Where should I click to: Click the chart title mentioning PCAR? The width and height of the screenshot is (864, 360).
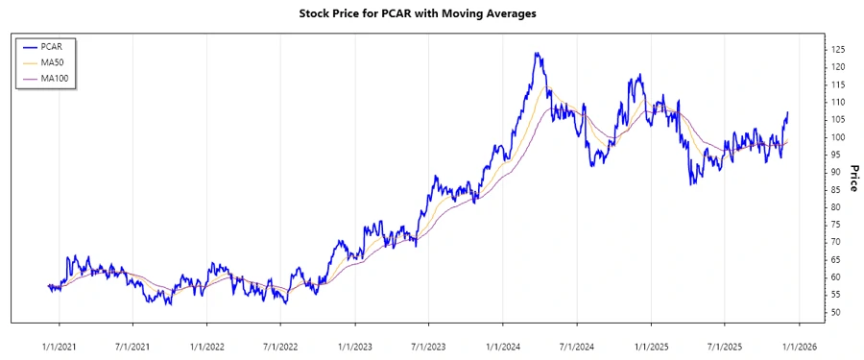point(431,14)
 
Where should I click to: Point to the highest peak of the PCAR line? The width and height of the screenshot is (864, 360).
point(536,53)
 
